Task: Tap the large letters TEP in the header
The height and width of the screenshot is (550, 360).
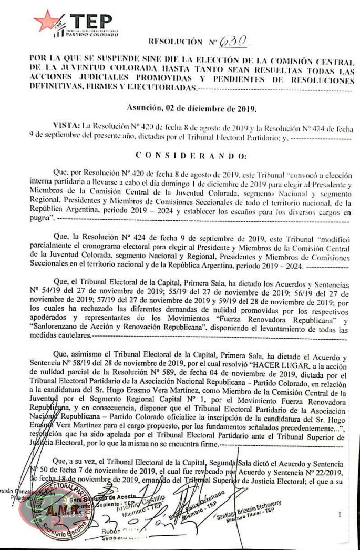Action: tap(91, 22)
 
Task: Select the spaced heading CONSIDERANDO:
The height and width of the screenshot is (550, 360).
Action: tap(190, 156)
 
